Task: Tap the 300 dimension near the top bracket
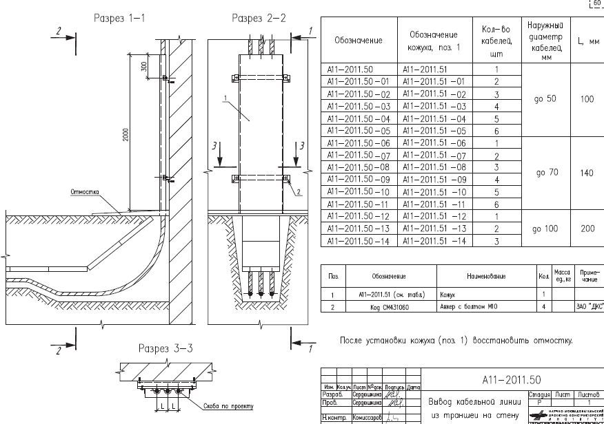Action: [x=143, y=67]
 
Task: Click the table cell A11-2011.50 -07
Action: [x=358, y=156]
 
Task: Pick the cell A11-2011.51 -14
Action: [x=433, y=241]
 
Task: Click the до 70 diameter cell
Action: [x=546, y=173]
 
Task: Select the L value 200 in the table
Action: [x=587, y=229]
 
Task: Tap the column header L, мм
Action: [x=587, y=41]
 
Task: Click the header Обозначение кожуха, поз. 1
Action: [x=433, y=41]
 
